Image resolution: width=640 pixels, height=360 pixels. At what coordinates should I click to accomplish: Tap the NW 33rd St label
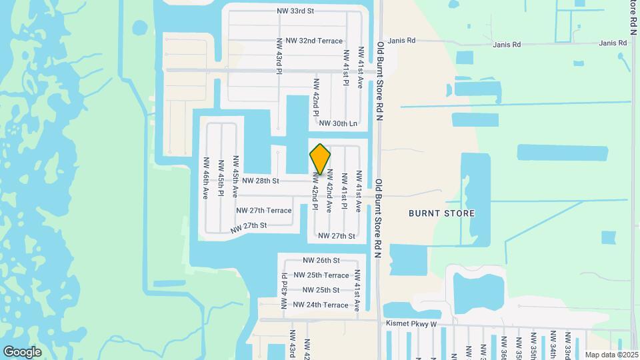coord(295,11)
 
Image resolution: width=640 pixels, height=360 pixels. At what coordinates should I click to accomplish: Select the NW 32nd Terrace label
coord(313,41)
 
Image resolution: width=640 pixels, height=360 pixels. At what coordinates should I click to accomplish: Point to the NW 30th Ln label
coord(338,123)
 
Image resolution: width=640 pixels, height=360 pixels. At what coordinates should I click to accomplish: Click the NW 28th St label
coord(260,181)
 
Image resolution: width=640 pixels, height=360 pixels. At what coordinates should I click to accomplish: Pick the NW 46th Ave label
coord(206,178)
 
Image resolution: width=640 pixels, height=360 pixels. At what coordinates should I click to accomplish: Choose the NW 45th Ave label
coord(235,177)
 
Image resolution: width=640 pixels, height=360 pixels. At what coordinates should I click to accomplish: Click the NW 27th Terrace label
coord(263,211)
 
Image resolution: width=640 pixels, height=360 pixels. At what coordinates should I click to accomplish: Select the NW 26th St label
coord(321,260)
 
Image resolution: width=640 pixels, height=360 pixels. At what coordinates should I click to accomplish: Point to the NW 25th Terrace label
coord(321,275)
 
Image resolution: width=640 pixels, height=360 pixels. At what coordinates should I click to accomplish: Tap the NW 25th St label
coord(321,290)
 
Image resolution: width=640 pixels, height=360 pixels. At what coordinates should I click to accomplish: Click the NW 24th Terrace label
coord(321,305)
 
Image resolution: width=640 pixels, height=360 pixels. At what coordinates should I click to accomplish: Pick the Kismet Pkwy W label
coord(411,324)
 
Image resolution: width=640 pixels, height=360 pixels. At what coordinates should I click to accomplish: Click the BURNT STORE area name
coord(442,213)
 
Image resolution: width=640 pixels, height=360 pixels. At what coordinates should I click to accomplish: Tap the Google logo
coord(22,352)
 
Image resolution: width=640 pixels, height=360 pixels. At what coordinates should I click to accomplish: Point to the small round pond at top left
coord(140,28)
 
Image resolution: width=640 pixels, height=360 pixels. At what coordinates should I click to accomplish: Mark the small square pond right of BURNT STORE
coord(609,237)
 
